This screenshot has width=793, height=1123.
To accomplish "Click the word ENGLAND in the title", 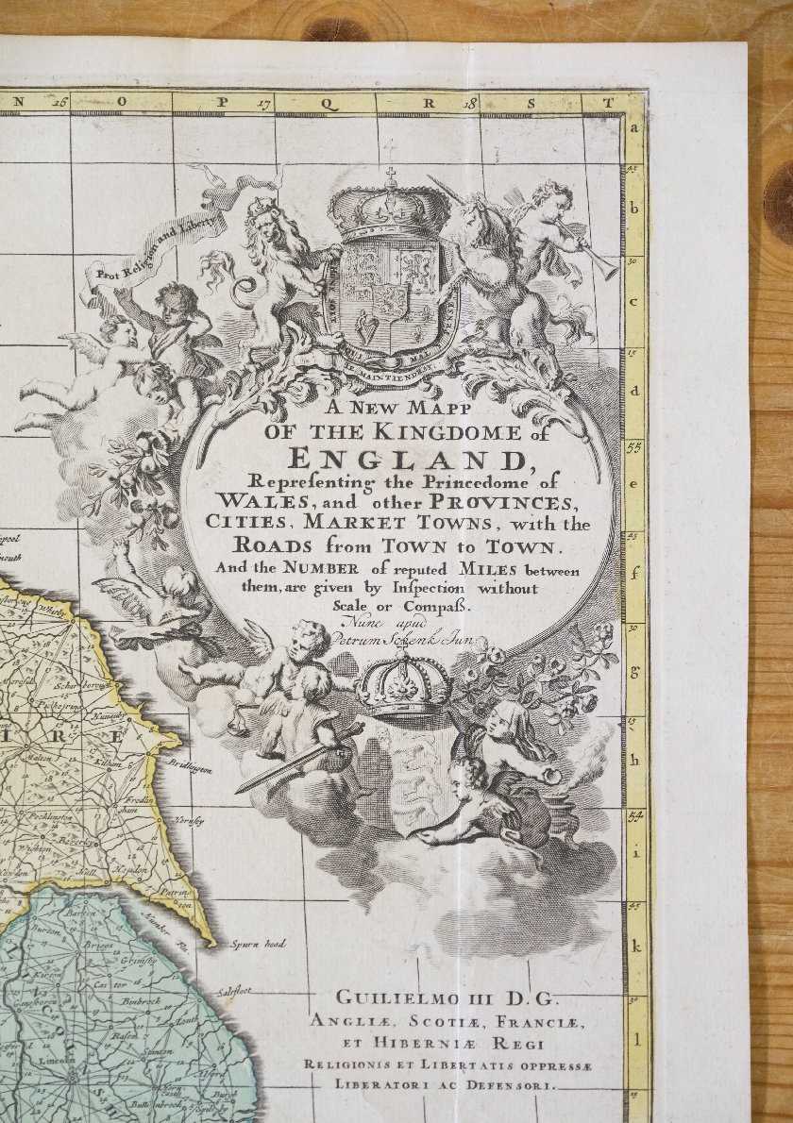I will tap(405, 459).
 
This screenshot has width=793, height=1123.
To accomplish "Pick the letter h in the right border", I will tap(635, 760).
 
